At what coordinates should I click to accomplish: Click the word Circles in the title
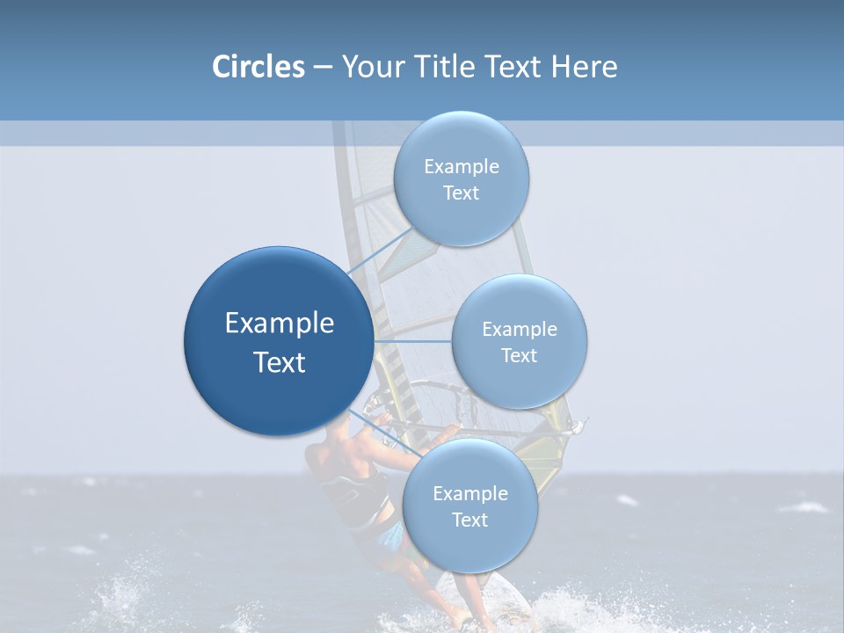point(258,67)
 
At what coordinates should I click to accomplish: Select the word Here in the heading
point(584,67)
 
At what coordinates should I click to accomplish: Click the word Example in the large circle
point(280,324)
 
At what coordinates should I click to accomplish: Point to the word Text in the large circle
point(280,362)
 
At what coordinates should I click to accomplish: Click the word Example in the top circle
point(462,167)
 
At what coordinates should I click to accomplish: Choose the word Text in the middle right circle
point(519,356)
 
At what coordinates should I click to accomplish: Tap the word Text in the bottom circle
point(469,520)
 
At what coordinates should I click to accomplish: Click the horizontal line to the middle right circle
point(413,341)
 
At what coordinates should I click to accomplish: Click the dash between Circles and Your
point(323,68)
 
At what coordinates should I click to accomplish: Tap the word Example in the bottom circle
point(469,494)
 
